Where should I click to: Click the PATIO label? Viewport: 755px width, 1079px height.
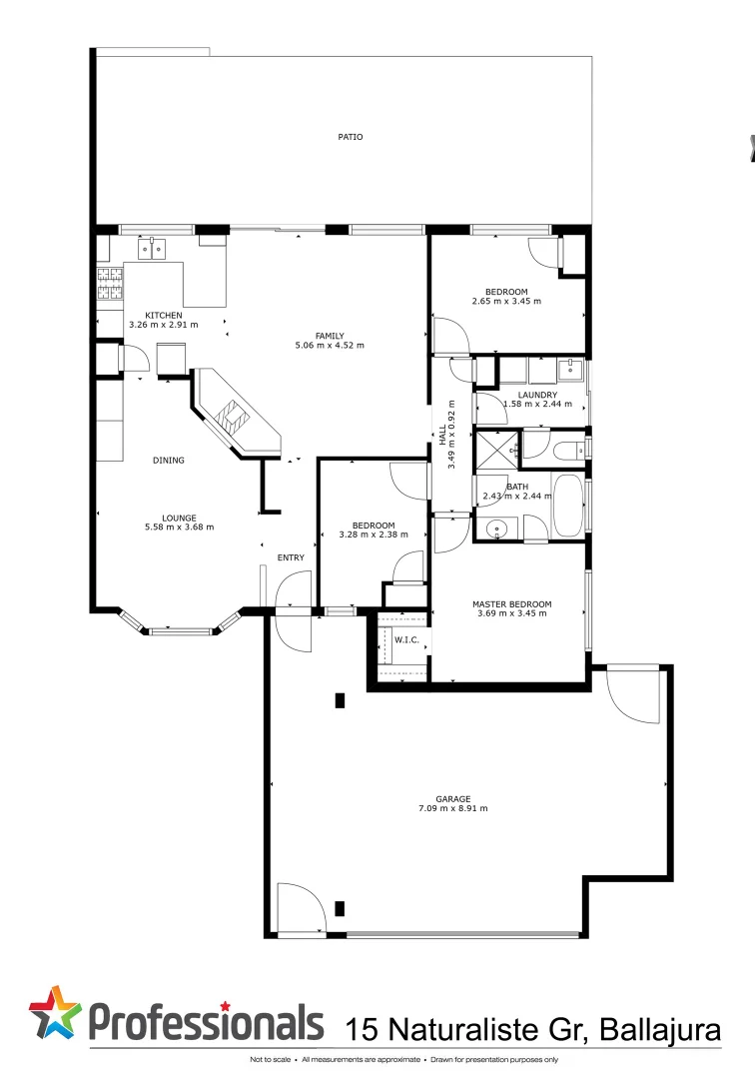coord(350,137)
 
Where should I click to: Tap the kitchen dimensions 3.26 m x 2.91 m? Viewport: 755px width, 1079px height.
coord(163,325)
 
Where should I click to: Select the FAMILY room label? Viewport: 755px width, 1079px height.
coord(330,336)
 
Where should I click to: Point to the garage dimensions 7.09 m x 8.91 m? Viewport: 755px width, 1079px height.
coord(452,808)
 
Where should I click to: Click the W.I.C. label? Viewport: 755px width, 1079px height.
coord(406,639)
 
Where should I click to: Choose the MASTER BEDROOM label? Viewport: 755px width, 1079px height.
coord(511,604)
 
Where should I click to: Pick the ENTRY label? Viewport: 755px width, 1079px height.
coord(291,557)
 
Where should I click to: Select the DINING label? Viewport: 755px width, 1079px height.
coord(168,461)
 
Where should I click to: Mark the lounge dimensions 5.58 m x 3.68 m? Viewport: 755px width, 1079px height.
coord(180,527)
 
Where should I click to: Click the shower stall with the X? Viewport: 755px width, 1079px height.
coord(496,450)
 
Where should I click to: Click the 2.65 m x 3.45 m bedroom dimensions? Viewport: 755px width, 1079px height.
coord(506,301)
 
